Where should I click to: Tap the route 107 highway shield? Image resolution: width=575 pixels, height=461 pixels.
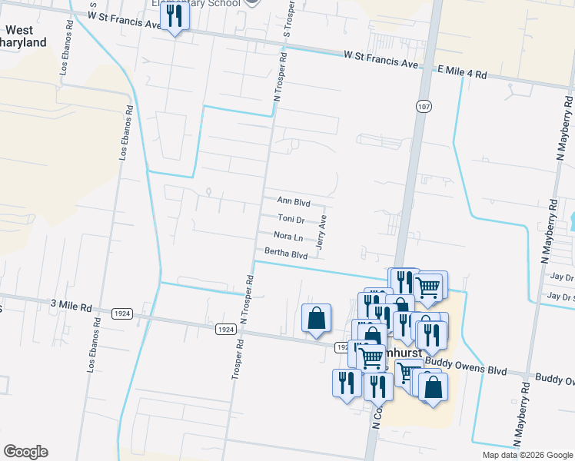click(424, 105)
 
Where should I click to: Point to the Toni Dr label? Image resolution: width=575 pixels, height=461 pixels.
click(291, 219)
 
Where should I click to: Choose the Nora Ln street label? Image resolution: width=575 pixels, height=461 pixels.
click(288, 236)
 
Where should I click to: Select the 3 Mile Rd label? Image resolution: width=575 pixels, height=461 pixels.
click(71, 307)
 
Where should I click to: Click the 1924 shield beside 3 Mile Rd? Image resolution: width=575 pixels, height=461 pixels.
click(121, 313)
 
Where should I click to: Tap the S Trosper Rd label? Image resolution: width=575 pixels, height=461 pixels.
click(288, 22)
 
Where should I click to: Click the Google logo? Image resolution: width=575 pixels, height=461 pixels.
click(25, 452)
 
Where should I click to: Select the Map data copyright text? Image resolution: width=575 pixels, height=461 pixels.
click(527, 455)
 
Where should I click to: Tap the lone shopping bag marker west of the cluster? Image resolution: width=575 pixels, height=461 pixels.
click(317, 318)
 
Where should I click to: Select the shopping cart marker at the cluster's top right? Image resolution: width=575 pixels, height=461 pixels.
click(430, 287)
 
